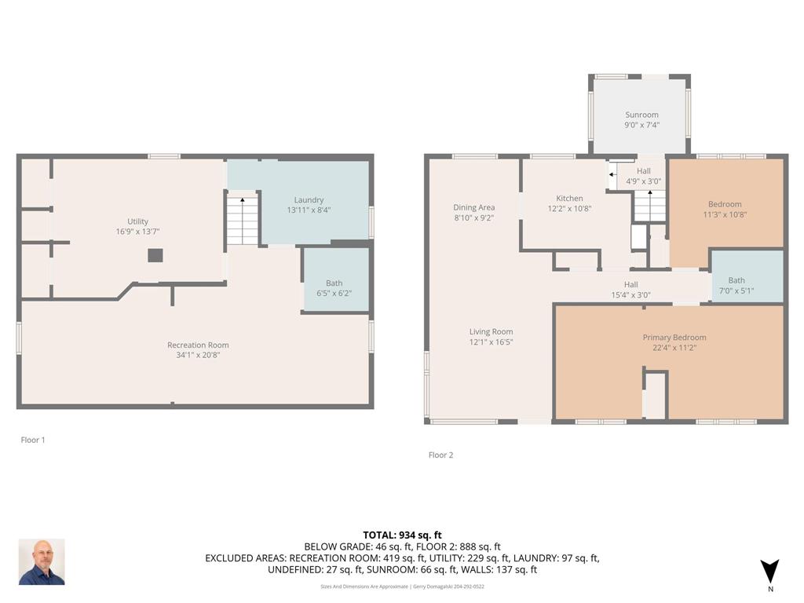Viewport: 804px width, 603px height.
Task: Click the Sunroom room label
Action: pyautogui.click(x=641, y=115)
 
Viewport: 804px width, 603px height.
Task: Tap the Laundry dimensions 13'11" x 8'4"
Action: pyautogui.click(x=309, y=210)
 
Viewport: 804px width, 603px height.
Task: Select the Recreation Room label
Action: pyautogui.click(x=198, y=345)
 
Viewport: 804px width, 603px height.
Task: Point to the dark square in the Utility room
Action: pyautogui.click(x=155, y=255)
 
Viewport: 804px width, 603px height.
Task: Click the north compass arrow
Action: pyautogui.click(x=769, y=572)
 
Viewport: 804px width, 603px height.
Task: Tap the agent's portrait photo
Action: pyautogui.click(x=42, y=562)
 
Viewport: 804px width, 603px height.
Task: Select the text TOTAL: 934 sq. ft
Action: pyautogui.click(x=403, y=535)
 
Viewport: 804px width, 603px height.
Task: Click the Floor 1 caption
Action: pyautogui.click(x=33, y=440)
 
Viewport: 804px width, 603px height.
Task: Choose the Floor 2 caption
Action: pyautogui.click(x=441, y=455)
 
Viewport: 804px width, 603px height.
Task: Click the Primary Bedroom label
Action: pyautogui.click(x=674, y=338)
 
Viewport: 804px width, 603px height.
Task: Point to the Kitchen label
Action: pyautogui.click(x=569, y=199)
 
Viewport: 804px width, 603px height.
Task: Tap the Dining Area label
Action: pyautogui.click(x=473, y=207)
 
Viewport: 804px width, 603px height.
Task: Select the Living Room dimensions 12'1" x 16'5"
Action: pyautogui.click(x=492, y=342)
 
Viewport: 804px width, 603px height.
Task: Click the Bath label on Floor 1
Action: pyautogui.click(x=334, y=283)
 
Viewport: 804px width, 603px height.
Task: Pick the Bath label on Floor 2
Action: pyautogui.click(x=736, y=280)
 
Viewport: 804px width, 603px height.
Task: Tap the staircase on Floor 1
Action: pyautogui.click(x=242, y=221)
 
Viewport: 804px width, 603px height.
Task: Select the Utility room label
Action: pyautogui.click(x=137, y=221)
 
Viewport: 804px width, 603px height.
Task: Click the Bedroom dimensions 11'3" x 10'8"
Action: pyautogui.click(x=725, y=214)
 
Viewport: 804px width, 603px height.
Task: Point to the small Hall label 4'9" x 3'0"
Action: pyautogui.click(x=644, y=181)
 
